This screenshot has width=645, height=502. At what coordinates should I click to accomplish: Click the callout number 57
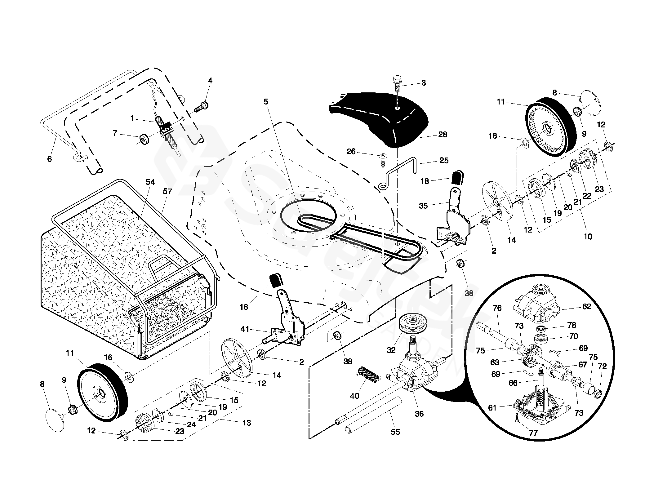point(167,191)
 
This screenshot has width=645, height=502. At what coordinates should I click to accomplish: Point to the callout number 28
point(443,135)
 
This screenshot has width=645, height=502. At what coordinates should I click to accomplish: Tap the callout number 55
point(395,432)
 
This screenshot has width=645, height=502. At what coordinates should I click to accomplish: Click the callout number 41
point(245,329)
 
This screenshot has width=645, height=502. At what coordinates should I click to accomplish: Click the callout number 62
point(587,307)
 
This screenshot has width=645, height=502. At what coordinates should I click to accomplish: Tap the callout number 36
point(419,414)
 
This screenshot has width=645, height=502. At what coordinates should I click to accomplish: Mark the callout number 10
point(588,237)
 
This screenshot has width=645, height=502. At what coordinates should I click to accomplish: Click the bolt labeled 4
point(202,107)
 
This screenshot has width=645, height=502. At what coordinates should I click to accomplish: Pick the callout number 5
point(266,102)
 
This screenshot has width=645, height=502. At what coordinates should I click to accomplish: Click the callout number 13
point(247,423)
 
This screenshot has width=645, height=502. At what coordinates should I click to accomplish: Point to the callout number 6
point(49,159)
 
